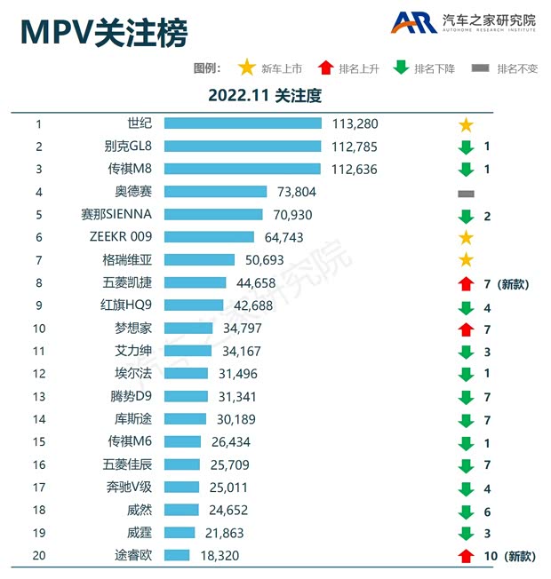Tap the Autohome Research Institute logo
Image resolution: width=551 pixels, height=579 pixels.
[x=465, y=23]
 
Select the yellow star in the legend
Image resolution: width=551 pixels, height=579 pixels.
[x=247, y=68]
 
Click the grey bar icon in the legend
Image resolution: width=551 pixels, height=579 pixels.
[x=481, y=68]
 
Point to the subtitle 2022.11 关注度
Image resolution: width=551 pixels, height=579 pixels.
[x=264, y=94]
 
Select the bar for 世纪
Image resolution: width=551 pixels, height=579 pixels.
[x=243, y=123]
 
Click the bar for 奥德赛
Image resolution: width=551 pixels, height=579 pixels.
[x=215, y=192]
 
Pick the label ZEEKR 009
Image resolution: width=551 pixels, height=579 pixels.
[x=122, y=237]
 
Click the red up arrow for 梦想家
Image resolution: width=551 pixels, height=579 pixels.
[x=466, y=329]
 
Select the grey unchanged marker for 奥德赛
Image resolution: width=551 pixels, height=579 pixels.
[x=466, y=193]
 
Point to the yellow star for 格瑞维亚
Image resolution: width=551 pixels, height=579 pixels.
[x=466, y=260]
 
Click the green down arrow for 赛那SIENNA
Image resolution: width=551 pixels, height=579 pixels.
[x=466, y=216]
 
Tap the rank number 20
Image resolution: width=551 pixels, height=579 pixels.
[x=38, y=556]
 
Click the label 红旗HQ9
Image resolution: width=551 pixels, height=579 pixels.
[x=127, y=305]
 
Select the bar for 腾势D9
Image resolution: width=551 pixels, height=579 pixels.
[x=186, y=396]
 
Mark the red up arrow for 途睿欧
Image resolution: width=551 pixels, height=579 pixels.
[x=466, y=556]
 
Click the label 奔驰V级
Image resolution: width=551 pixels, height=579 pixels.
[x=128, y=488]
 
